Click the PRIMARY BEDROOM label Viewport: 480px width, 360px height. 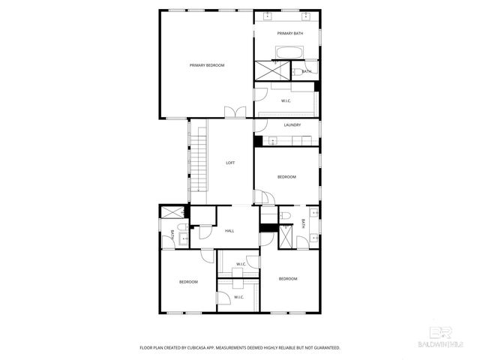click(x=206, y=66)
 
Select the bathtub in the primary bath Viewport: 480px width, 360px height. click(x=289, y=52)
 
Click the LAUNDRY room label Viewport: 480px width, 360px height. click(x=292, y=125)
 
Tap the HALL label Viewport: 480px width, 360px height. click(x=229, y=231)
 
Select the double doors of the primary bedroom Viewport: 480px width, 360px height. click(x=235, y=112)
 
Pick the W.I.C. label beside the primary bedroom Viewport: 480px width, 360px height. click(x=286, y=100)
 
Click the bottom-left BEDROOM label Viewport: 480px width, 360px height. click(x=187, y=282)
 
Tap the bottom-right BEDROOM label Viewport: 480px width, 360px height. click(x=288, y=279)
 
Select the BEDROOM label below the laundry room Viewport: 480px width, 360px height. click(x=286, y=177)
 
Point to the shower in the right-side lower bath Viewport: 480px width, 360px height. click(x=286, y=238)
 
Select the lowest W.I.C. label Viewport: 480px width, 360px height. click(x=238, y=298)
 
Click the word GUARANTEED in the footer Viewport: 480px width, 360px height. click(x=325, y=348)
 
